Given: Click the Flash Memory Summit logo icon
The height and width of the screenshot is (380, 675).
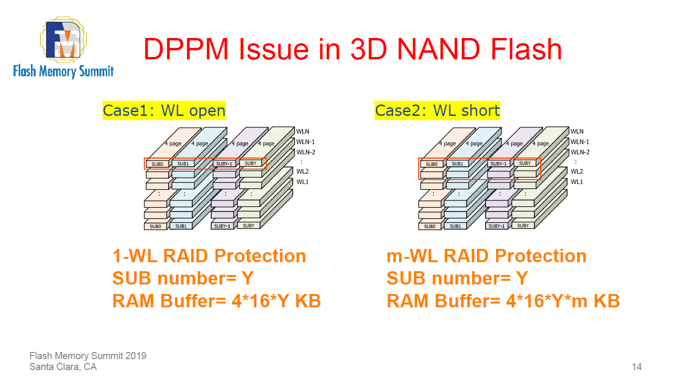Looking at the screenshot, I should (x=64, y=42).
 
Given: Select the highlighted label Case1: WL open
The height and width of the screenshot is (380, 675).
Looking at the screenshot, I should (x=164, y=111).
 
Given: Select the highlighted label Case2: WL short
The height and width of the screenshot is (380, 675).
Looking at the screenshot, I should (x=437, y=111).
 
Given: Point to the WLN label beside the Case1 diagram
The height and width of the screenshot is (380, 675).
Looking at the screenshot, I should (x=302, y=132).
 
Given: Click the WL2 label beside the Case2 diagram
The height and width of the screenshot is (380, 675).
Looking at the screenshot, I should (x=577, y=171).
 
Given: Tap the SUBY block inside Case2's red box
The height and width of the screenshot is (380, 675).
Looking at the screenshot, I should (x=525, y=163).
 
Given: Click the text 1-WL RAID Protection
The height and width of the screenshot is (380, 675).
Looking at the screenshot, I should (x=209, y=256).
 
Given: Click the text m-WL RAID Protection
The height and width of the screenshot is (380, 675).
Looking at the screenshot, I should (x=487, y=256).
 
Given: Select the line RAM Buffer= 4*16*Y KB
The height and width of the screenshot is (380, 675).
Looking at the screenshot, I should (x=216, y=301).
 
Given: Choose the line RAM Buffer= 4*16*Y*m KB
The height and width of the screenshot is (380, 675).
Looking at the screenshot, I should (x=503, y=301).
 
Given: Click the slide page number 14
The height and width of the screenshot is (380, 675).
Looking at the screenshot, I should (x=637, y=367).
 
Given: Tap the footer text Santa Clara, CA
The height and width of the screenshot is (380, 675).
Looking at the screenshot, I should (x=63, y=367).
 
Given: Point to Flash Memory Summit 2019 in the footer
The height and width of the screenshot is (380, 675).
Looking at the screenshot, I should (x=88, y=356).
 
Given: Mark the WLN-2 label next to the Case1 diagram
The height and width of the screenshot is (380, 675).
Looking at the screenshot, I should (x=306, y=152).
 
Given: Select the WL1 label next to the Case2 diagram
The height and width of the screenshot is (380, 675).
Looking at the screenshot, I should (x=577, y=182).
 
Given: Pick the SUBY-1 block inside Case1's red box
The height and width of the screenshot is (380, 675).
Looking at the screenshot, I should (x=225, y=164).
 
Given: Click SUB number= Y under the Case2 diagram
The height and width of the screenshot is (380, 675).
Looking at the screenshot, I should (x=457, y=278).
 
